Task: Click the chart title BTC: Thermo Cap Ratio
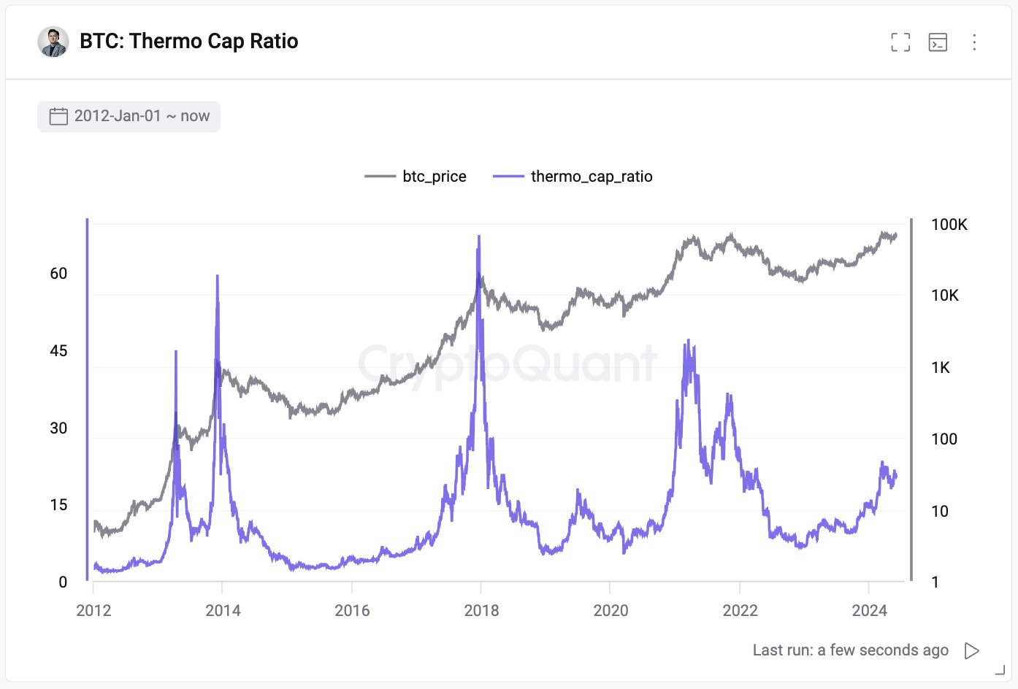(188, 41)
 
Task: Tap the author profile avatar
(53, 42)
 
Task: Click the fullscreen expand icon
(900, 42)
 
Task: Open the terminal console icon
(938, 42)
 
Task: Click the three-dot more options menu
(974, 42)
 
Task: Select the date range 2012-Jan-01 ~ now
(129, 116)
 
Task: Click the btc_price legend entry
(416, 177)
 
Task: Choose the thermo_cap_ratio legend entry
(573, 177)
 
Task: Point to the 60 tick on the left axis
(58, 274)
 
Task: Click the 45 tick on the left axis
(58, 351)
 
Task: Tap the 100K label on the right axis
(949, 225)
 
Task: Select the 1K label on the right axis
(941, 368)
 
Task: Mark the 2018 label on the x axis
(481, 611)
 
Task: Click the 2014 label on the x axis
(223, 611)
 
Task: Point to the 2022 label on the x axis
(740, 611)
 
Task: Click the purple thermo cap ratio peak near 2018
(479, 237)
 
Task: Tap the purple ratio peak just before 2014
(218, 277)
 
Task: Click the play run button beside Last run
(971, 650)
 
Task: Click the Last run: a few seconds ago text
(850, 650)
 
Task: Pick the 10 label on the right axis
(940, 512)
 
